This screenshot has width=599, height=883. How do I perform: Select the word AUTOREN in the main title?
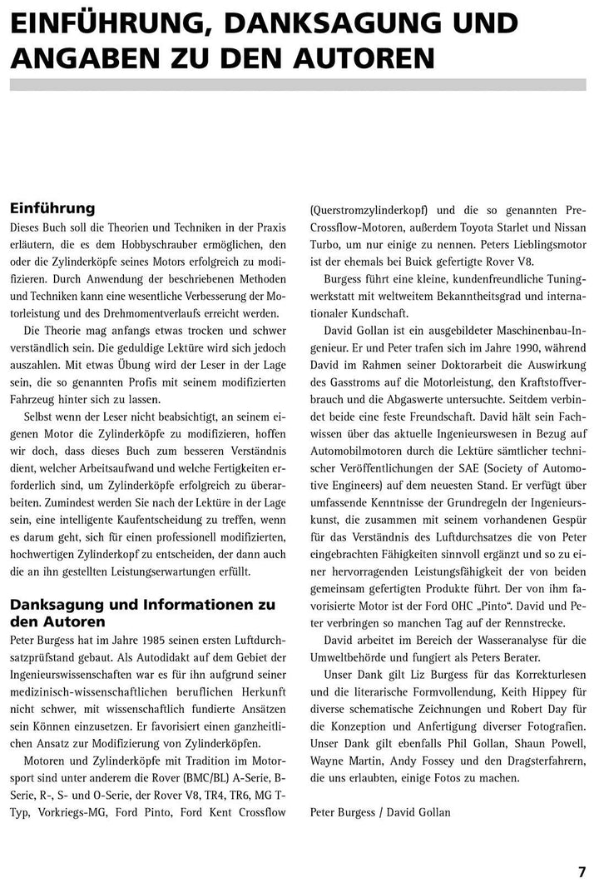358,57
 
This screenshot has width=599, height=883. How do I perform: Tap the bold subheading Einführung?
52,208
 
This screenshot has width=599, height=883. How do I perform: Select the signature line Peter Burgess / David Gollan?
380,811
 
